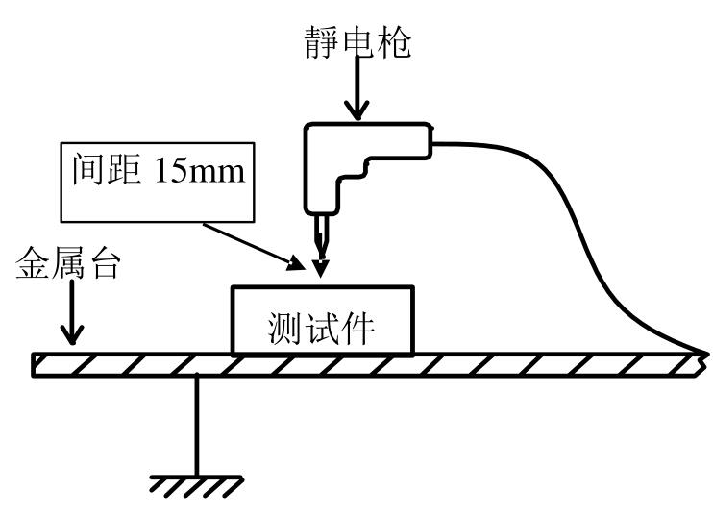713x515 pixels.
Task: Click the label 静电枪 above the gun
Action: [x=356, y=39]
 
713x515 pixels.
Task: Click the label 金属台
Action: [x=68, y=266]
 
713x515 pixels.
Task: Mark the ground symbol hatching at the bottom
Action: [x=197, y=486]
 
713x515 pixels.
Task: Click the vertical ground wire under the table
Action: [x=197, y=423]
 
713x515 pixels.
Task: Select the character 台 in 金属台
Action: [x=105, y=266]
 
